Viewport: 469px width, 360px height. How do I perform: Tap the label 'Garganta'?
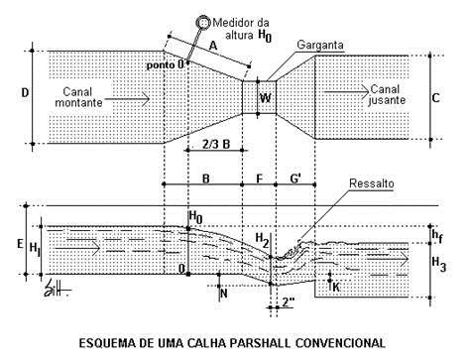(x=292, y=47)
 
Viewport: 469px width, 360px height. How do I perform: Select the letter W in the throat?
(x=265, y=97)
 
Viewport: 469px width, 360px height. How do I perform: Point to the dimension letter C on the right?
(x=436, y=96)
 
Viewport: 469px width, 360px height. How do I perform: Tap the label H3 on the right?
(x=440, y=262)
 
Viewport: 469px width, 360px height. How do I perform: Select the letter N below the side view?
(x=224, y=294)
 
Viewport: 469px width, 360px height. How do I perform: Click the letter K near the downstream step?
(x=336, y=286)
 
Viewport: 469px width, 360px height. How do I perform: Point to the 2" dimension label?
(x=289, y=301)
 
